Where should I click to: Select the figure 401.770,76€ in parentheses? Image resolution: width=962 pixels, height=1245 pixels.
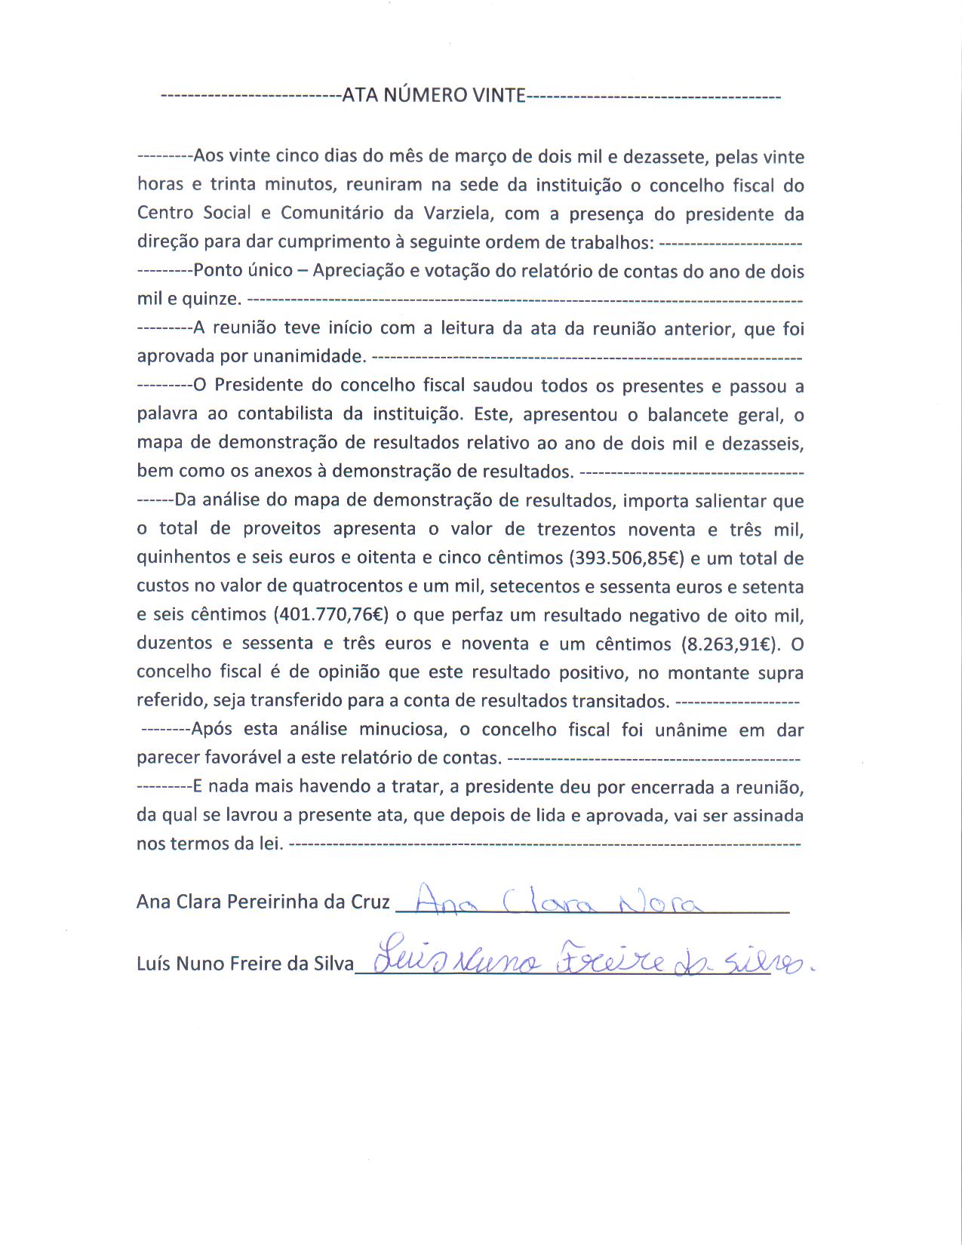(x=330, y=615)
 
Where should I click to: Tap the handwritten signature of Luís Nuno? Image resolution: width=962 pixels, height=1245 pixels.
(x=589, y=962)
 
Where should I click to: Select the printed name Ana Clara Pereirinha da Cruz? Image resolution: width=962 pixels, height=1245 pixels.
(x=263, y=902)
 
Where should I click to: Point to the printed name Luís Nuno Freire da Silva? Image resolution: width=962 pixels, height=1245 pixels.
(x=244, y=964)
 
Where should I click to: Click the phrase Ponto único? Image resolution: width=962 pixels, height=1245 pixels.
(x=243, y=271)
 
